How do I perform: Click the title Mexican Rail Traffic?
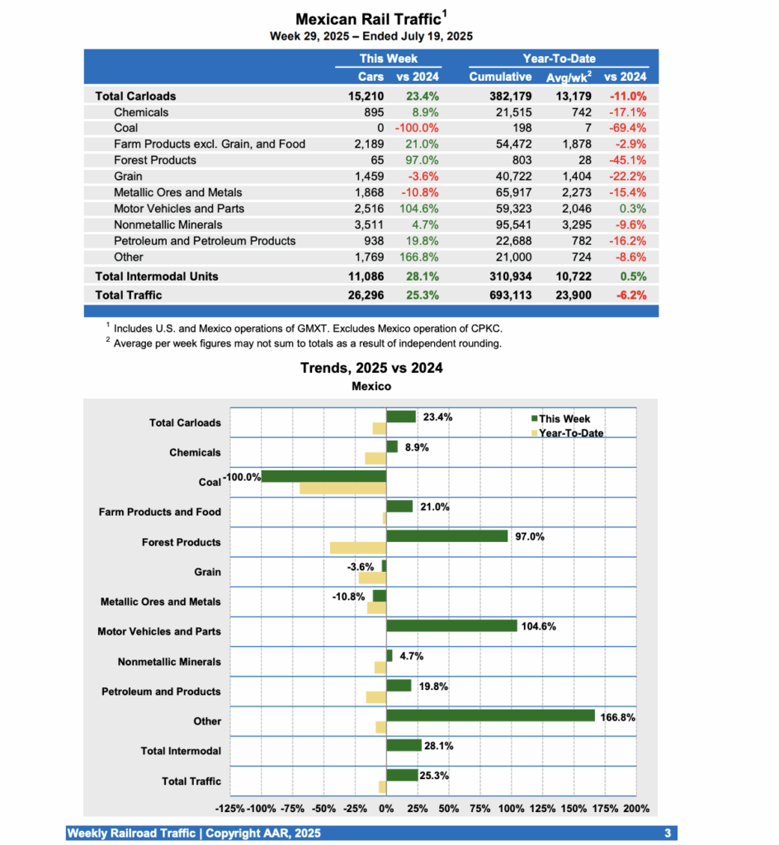tap(368, 19)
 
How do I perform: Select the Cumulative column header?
tap(500, 77)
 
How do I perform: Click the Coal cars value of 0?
tap(380, 128)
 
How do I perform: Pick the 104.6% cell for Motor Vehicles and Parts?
tap(418, 209)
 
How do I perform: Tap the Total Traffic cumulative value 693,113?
tap(500, 295)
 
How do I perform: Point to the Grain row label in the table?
tap(128, 176)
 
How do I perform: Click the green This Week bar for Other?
tap(490, 715)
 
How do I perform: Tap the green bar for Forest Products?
tap(446, 536)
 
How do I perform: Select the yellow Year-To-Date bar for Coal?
tap(342, 488)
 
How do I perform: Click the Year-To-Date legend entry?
tap(570, 433)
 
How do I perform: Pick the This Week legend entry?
tap(564, 419)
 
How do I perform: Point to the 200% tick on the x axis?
tap(636, 808)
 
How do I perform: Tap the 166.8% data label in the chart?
tap(617, 718)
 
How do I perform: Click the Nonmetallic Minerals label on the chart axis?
tap(169, 662)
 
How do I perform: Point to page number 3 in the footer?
tap(667, 833)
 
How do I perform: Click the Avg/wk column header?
tap(569, 77)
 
